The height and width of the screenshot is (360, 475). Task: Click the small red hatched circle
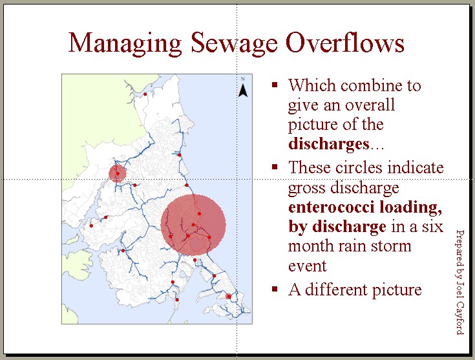(117, 173)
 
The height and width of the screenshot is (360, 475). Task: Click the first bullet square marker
(275, 85)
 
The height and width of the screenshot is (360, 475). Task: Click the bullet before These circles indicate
(275, 167)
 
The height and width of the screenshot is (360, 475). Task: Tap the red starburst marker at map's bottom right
(228, 297)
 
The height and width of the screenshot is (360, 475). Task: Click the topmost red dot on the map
(145, 94)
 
